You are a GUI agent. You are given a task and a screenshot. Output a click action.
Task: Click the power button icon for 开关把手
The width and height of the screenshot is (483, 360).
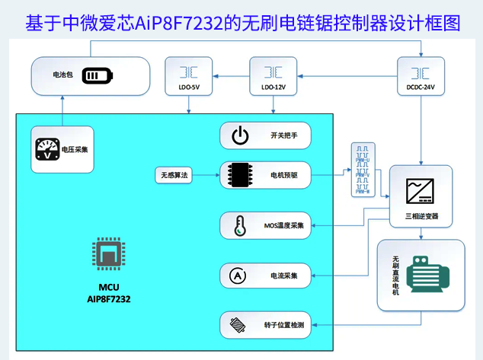point(239,136)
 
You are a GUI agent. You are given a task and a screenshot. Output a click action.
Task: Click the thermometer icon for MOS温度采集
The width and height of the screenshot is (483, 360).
point(238,225)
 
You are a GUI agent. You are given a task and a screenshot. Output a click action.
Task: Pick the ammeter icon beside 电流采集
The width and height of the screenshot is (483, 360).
point(238,275)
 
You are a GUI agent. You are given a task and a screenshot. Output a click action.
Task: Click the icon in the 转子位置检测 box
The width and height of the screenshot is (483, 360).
point(238,325)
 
